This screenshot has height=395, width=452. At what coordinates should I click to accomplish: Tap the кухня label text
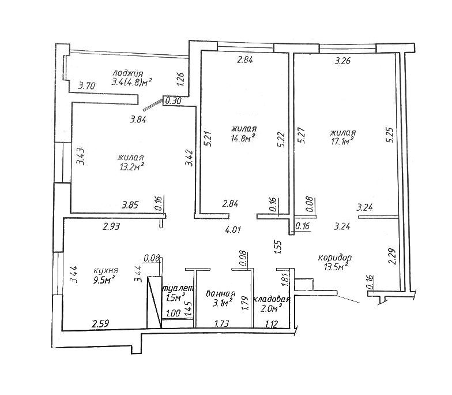[x=106, y=271]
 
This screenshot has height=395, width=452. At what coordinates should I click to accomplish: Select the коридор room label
[x=334, y=258]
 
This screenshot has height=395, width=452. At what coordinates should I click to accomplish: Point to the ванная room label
[x=220, y=294]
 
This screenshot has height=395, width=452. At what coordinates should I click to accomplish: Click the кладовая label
[x=271, y=299]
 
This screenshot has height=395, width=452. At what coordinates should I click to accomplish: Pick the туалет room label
[x=178, y=289]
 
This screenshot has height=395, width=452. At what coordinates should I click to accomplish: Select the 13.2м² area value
[x=131, y=167]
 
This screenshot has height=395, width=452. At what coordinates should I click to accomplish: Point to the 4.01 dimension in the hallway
[x=233, y=230]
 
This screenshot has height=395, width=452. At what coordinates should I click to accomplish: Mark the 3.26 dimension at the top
[x=342, y=61]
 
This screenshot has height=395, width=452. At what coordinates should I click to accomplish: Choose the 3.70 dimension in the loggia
[x=86, y=85]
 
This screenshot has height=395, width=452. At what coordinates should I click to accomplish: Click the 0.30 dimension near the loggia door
[x=174, y=100]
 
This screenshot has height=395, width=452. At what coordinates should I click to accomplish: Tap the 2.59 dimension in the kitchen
[x=100, y=323]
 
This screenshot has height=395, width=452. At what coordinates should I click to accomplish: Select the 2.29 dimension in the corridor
[x=393, y=256]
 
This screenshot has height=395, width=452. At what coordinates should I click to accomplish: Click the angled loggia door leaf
[x=153, y=105]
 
